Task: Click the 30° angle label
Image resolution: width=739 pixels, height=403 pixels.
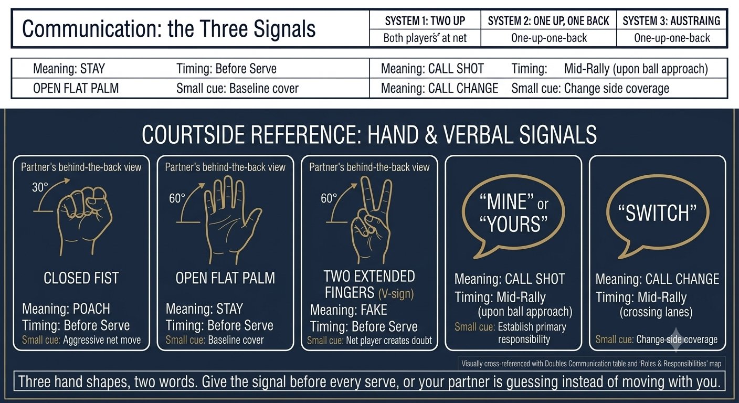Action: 40,187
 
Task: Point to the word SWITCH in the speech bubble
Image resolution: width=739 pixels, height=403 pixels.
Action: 658,213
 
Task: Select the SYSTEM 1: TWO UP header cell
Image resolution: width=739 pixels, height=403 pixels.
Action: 425,21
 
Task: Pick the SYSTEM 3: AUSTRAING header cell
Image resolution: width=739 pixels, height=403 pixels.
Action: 671,21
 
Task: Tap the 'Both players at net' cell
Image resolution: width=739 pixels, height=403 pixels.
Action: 425,38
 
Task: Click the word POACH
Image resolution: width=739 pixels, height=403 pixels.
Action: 91,309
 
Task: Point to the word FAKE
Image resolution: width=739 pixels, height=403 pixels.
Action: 374,310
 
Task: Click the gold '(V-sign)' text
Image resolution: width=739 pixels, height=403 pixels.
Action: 396,293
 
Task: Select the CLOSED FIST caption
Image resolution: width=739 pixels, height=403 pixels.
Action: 81,278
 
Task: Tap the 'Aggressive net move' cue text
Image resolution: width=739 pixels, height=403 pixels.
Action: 102,340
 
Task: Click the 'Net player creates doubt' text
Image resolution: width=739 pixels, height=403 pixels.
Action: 389,341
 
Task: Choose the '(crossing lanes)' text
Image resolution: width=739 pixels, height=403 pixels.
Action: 656,312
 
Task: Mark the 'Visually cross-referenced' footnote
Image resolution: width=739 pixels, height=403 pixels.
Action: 591,364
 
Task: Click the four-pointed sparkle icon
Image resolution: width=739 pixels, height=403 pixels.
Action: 675,340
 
